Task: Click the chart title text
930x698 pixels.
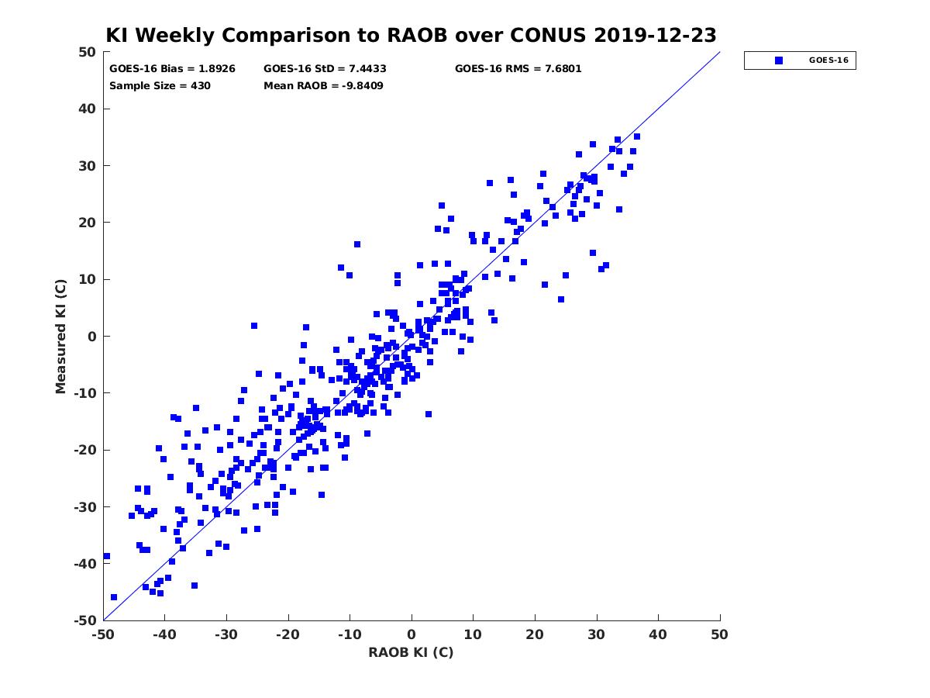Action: coord(411,35)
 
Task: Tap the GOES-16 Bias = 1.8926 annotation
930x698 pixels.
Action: coord(172,69)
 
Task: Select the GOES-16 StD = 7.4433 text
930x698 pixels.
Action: coord(325,69)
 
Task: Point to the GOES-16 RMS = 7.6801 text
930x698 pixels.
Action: coord(518,69)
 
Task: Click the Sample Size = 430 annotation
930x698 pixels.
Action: coord(160,86)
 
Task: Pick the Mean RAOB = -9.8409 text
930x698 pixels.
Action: coord(323,86)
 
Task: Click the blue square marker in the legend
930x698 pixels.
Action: coord(779,60)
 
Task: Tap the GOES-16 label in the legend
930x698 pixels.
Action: coord(828,60)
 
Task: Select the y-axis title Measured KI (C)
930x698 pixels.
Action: coord(60,336)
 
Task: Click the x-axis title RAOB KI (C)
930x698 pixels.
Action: coord(411,651)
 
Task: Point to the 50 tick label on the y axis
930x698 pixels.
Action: coord(88,52)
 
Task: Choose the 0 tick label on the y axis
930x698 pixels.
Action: coord(92,337)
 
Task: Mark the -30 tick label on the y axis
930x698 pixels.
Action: coord(85,507)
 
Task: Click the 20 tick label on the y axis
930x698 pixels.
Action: coord(88,223)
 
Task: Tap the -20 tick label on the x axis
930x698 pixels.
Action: coord(288,634)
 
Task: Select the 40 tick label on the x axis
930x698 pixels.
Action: coord(658,634)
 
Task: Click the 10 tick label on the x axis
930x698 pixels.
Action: coord(473,634)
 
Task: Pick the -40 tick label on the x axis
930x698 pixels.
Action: coord(165,634)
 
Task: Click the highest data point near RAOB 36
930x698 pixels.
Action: coord(637,136)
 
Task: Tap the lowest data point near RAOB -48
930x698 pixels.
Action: coord(114,597)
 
